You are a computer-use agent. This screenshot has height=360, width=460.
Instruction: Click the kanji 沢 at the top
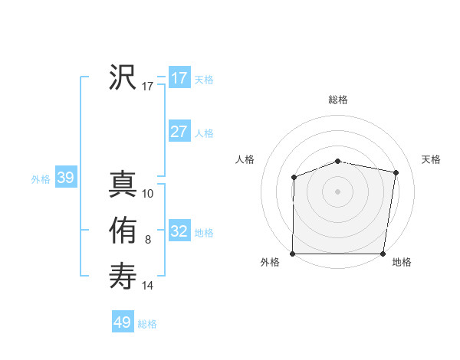[x=123, y=77]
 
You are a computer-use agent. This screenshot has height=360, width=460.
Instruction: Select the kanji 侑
[x=123, y=231]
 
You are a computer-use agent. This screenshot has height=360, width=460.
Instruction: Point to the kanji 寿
[x=123, y=276]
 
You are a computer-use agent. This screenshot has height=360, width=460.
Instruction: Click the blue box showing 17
[x=179, y=78]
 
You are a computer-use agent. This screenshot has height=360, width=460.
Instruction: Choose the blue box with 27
[x=179, y=132]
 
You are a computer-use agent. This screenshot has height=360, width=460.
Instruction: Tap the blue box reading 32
[x=179, y=231]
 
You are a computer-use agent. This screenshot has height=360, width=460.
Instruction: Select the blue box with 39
[x=65, y=178]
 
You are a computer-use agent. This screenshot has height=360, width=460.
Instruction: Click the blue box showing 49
[x=123, y=322]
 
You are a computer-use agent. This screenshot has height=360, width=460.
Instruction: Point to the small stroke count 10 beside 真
[x=149, y=195]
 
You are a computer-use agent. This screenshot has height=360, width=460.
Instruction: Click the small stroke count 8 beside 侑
[x=148, y=241]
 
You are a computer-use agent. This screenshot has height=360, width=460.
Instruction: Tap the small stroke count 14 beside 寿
[x=148, y=286]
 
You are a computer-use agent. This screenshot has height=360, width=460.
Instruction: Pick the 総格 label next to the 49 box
[x=147, y=324]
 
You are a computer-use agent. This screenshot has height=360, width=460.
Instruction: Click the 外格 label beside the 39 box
[x=41, y=179]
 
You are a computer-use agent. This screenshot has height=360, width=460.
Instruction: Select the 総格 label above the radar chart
[x=337, y=100]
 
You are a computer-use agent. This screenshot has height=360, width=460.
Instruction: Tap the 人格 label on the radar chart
[x=245, y=159]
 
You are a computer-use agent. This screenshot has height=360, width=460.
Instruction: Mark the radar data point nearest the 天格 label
[x=396, y=172]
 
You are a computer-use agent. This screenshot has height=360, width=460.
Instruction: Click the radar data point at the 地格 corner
[x=383, y=254]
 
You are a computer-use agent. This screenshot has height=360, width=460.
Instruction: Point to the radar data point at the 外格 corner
[x=293, y=254]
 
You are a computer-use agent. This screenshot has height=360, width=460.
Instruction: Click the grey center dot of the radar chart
[x=337, y=191]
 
